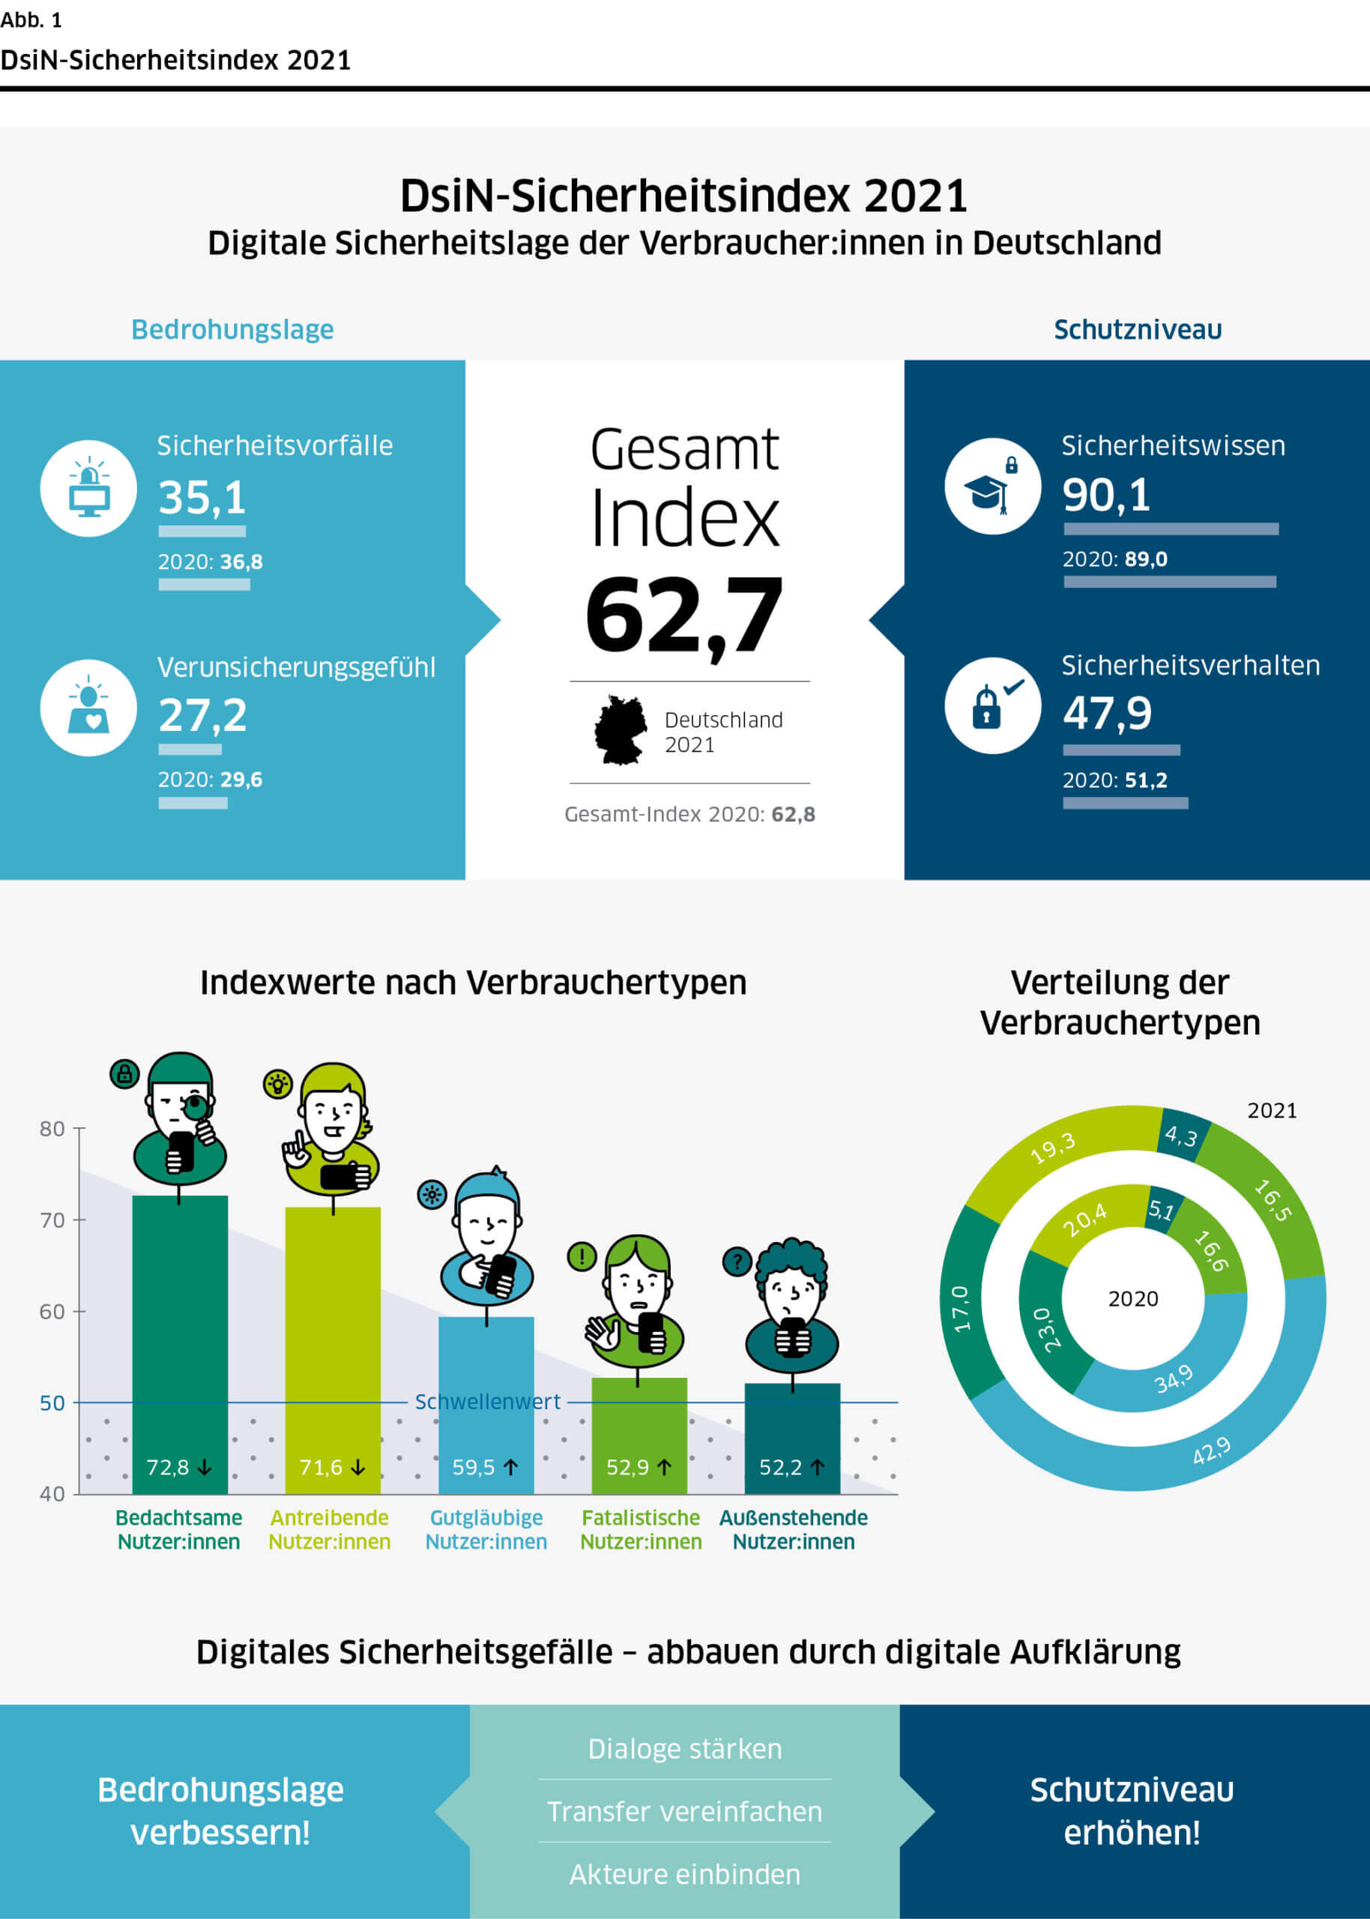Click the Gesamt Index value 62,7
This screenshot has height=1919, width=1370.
pyautogui.click(x=684, y=615)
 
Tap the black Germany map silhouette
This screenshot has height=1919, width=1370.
pyautogui.click(x=620, y=730)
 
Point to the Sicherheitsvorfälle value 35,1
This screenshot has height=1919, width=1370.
pyautogui.click(x=202, y=497)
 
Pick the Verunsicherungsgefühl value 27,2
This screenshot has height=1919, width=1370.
pyautogui.click(x=202, y=715)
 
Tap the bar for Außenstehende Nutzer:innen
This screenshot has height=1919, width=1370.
pyautogui.click(x=792, y=1434)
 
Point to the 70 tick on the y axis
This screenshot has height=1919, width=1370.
pyautogui.click(x=52, y=1220)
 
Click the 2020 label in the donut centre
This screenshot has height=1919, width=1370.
pyautogui.click(x=1133, y=1299)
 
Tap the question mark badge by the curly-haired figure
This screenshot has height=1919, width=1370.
pyautogui.click(x=737, y=1262)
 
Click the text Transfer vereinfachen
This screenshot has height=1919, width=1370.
pyautogui.click(x=684, y=1811)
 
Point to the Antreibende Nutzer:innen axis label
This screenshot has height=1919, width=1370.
pyautogui.click(x=329, y=1529)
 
